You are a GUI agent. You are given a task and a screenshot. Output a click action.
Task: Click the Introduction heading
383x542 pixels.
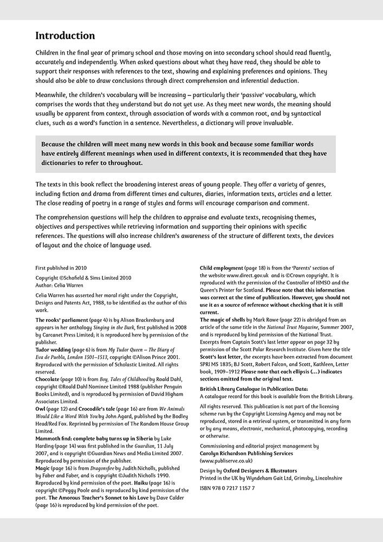pyautogui.click(x=65, y=36)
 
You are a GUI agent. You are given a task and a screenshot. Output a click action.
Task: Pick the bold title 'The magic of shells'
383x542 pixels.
pyautogui.click(x=223, y=320)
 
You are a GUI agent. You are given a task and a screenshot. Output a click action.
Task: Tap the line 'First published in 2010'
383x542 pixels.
pyautogui.click(x=61, y=268)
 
